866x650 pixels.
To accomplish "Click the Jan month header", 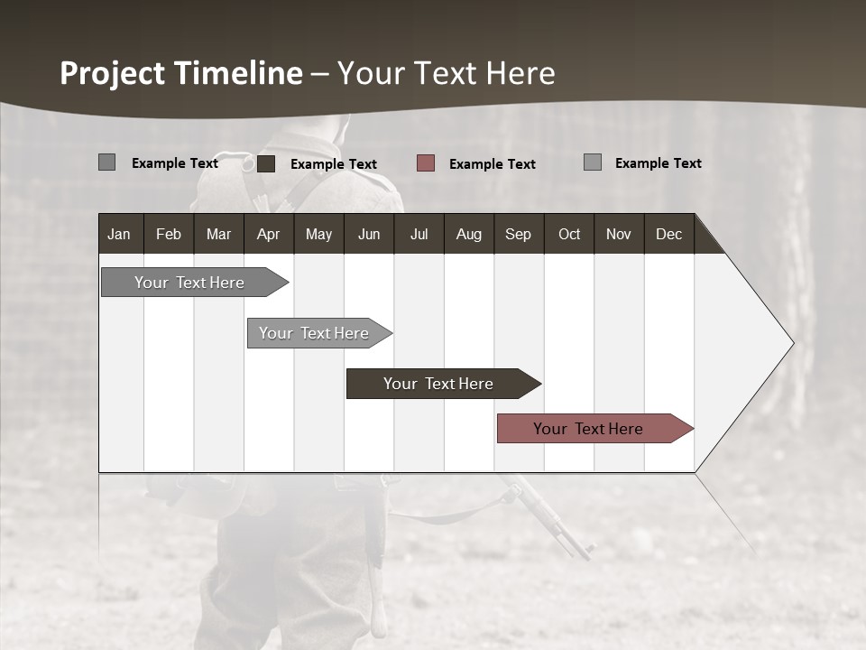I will tap(119, 234).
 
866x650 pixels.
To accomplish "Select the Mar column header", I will tap(218, 234).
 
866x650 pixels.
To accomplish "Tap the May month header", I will tap(318, 234).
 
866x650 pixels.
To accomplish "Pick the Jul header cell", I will tap(419, 234).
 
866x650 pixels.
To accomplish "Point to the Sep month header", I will tap(518, 234).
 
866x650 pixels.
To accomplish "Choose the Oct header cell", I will tap(569, 234).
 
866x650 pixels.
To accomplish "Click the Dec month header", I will tap(668, 234).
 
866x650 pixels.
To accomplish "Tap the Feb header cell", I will tap(169, 234).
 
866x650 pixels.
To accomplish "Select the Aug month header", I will tap(468, 234).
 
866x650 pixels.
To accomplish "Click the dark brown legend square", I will tap(266, 163).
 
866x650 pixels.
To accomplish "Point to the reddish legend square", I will tap(426, 163).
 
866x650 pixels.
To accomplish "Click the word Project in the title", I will tap(113, 73).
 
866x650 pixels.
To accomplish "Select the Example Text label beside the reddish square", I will tap(492, 163).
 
